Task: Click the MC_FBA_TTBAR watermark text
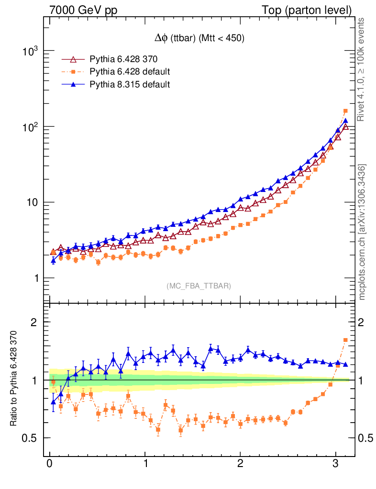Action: [199, 286]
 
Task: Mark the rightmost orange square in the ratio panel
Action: [345, 340]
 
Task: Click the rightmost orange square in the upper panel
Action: [345, 111]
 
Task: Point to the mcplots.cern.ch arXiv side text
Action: [362, 232]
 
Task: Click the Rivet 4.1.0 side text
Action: [362, 69]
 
